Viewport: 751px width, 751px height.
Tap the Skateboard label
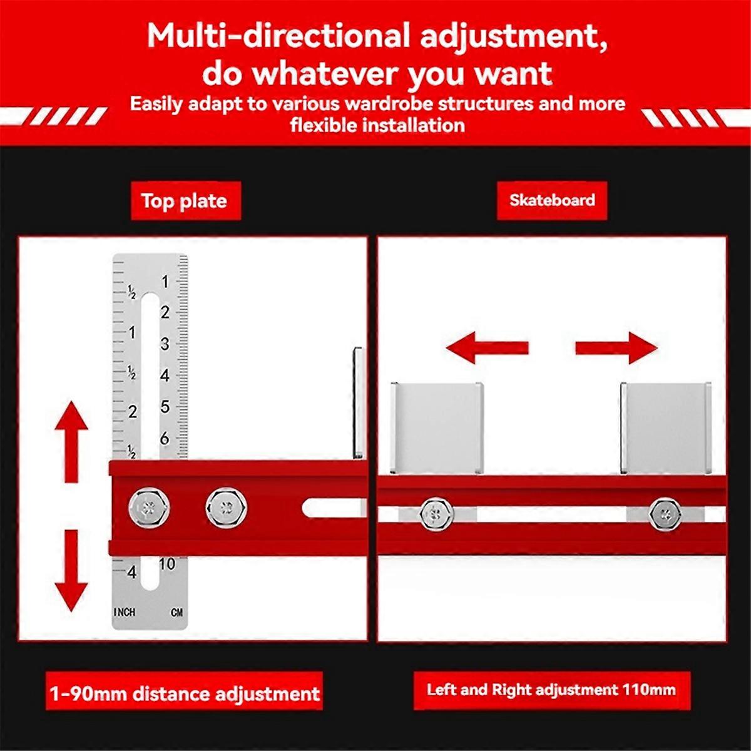(552, 200)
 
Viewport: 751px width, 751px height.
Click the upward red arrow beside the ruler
(71, 442)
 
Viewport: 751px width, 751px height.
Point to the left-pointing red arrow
(487, 347)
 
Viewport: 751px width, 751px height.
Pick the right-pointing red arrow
(616, 347)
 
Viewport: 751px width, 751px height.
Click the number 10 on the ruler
(167, 564)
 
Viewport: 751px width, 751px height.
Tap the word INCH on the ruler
(125, 612)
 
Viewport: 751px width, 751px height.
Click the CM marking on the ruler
(176, 613)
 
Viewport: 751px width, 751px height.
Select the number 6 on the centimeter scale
(165, 439)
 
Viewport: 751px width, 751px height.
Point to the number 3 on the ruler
(165, 344)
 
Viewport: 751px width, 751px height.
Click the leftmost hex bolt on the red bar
(149, 508)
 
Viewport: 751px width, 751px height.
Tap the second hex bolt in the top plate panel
(226, 508)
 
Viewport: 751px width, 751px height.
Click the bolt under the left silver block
(436, 514)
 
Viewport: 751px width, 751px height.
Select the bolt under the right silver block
(665, 514)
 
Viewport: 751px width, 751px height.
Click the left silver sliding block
(437, 428)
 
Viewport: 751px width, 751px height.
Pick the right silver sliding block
(666, 428)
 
